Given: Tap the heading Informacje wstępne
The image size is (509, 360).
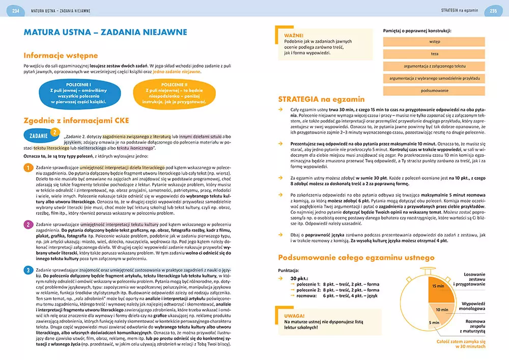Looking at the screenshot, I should click(61, 56).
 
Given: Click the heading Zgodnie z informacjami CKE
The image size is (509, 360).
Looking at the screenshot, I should click(76, 120).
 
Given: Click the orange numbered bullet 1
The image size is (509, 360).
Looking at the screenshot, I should click(29, 168).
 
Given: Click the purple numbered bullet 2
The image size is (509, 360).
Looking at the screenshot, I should click(29, 225).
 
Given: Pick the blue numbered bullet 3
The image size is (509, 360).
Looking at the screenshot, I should click(29, 270).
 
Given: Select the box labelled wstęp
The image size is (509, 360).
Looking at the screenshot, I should click(434, 42).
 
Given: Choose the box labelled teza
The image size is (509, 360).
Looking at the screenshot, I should click(434, 54).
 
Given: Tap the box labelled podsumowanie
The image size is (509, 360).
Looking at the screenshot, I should click(434, 90).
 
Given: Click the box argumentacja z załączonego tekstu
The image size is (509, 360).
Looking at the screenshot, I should click(434, 66).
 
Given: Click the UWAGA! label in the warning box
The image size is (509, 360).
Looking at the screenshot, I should click(295, 315).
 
